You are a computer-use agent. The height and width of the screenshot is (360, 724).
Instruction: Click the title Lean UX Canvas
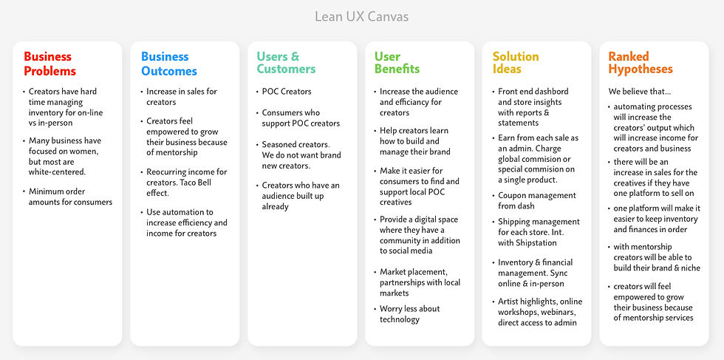(x=361, y=16)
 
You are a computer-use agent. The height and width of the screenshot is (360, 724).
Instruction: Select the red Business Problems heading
(x=49, y=64)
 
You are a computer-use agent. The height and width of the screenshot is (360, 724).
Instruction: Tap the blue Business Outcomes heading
(x=169, y=64)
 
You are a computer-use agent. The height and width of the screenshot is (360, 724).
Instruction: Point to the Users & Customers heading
(x=286, y=63)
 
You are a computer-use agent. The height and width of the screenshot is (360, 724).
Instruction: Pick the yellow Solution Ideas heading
(x=516, y=63)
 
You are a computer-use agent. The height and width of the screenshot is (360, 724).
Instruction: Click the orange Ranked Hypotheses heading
(x=641, y=63)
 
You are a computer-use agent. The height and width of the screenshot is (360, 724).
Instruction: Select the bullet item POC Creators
(x=287, y=92)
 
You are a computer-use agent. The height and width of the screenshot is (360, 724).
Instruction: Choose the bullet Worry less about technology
(x=409, y=314)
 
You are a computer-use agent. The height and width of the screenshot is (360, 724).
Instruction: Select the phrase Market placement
(x=414, y=272)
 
